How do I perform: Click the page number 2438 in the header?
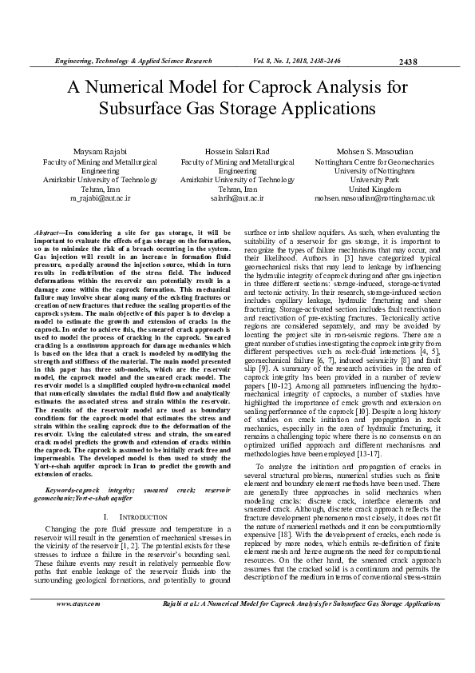(x=407, y=61)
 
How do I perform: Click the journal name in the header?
(x=133, y=61)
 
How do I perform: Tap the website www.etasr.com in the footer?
(x=77, y=649)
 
